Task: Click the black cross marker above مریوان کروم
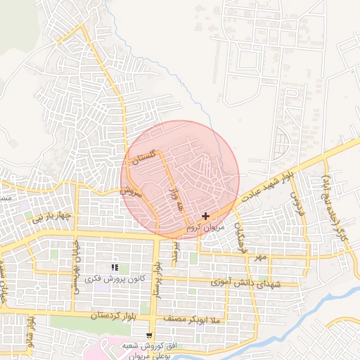pyautogui.click(x=205, y=216)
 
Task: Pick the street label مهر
pyautogui.click(x=262, y=258)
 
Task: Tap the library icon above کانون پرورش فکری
pyautogui.click(x=115, y=267)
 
